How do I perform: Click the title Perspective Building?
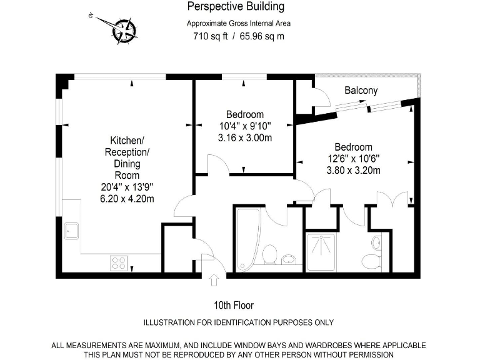(236, 7)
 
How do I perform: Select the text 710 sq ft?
(210, 36)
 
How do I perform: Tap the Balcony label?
(361, 91)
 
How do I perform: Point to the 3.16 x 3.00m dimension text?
(244, 137)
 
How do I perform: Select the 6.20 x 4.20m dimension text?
(127, 199)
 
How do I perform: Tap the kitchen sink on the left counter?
(71, 230)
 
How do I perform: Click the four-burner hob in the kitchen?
(119, 263)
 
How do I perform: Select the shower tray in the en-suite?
(322, 252)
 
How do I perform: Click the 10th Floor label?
(234, 306)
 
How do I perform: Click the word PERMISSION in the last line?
(369, 354)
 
